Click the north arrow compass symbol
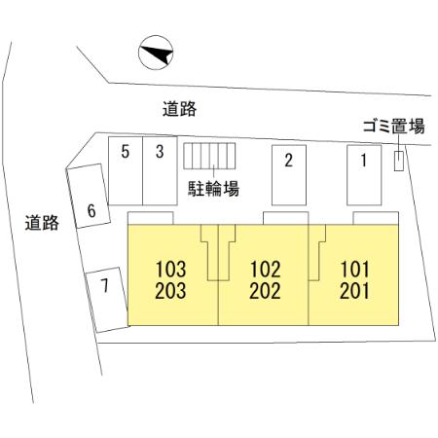point(156,53)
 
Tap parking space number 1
point(364,175)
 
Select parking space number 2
point(289,175)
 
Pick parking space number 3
point(160,170)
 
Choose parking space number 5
point(126,170)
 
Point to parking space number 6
point(89,196)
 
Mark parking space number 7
point(107,300)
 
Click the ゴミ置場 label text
point(393,127)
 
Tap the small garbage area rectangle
point(399,161)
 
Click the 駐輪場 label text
point(213,189)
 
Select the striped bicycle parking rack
point(209,156)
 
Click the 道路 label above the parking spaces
point(179,109)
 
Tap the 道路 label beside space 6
point(42,223)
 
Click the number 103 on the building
point(170,270)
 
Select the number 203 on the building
point(170,291)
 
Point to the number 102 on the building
point(266,270)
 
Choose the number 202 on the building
point(265,291)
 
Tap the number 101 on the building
point(354,270)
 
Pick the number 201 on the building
point(354,291)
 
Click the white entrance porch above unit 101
point(376,218)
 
